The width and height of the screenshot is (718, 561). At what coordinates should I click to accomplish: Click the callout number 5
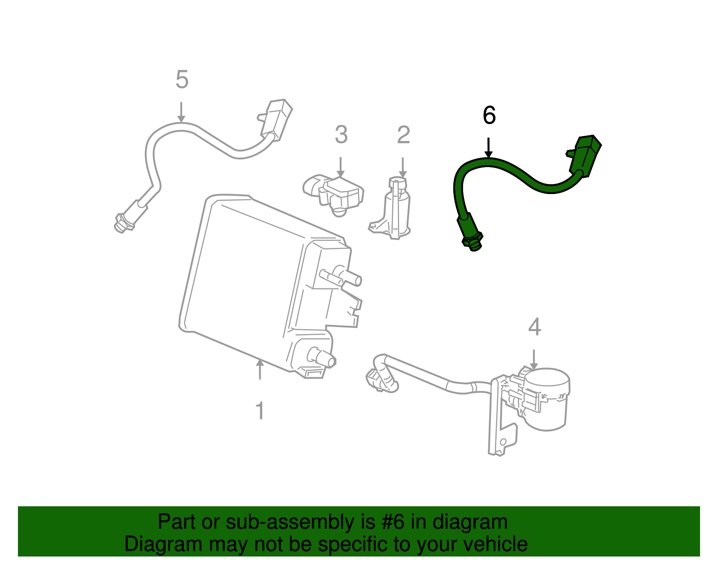[182, 80]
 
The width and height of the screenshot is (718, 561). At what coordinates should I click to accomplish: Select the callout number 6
[489, 115]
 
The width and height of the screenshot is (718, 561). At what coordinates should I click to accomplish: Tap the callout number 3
[341, 135]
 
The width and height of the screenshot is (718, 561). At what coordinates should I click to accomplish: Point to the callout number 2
[403, 135]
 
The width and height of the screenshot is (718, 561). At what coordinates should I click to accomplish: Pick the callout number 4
[534, 327]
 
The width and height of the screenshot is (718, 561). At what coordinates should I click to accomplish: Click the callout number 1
[260, 411]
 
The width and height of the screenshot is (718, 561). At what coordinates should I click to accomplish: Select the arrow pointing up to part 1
[259, 369]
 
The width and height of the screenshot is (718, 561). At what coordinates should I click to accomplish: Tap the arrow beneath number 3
[341, 168]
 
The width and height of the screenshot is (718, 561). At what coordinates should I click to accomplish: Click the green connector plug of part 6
[586, 155]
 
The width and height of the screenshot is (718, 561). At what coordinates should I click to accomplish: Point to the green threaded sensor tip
[472, 240]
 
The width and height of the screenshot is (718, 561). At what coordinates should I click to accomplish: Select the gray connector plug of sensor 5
[276, 119]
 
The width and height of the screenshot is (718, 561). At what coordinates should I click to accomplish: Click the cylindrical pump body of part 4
[547, 398]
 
